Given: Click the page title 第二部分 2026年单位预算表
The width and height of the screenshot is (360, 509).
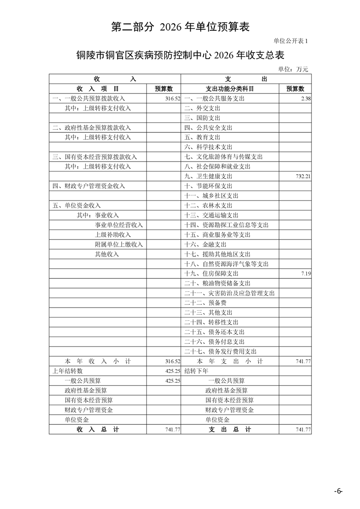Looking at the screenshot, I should pyautogui.click(x=180, y=27).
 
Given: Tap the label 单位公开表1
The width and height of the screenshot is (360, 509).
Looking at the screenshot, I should pyautogui.click(x=291, y=41).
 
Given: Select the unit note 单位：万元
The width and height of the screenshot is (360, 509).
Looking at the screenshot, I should pyautogui.click(x=296, y=69).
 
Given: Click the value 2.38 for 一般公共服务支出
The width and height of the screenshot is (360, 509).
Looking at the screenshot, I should pyautogui.click(x=305, y=98).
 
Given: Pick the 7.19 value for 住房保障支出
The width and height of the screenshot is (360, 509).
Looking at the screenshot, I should pyautogui.click(x=305, y=274).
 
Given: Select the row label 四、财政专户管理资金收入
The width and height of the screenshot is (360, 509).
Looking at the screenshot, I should pyautogui.click(x=89, y=186).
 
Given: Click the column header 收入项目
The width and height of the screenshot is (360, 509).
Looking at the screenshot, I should pyautogui.click(x=98, y=89).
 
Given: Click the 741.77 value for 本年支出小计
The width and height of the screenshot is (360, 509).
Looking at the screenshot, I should pyautogui.click(x=303, y=361).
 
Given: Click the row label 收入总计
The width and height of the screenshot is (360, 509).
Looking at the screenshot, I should pyautogui.click(x=98, y=429).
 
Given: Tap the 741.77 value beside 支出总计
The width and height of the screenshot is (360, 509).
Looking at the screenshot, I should pyautogui.click(x=303, y=429).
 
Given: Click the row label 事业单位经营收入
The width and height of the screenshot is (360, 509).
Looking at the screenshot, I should pyautogui.click(x=118, y=225).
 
